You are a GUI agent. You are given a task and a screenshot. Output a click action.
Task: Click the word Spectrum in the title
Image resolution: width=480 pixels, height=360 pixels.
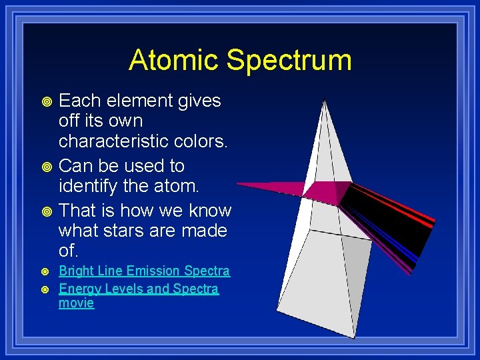coord(289,60)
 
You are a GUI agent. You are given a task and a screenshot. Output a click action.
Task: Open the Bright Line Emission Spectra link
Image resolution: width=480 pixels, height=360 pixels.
coord(144,271)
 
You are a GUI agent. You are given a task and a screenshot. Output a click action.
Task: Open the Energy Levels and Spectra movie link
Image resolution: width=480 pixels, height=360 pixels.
coord(138,289)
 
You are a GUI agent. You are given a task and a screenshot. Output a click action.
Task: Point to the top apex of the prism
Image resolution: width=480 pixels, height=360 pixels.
coord(324,101)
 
